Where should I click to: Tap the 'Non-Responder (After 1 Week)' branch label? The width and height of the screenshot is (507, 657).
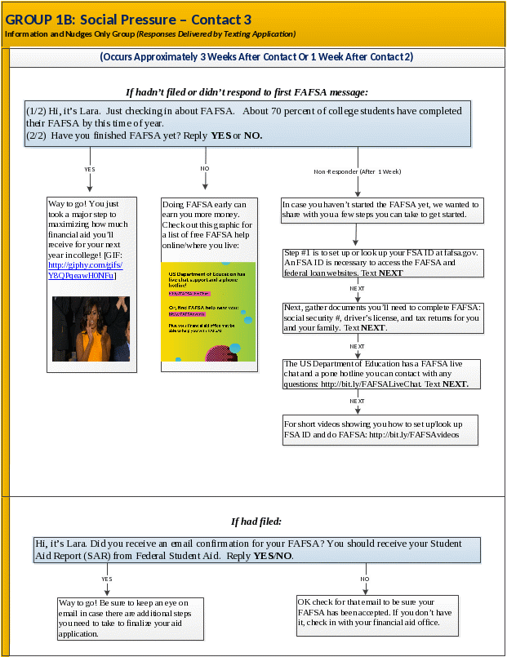tap(358, 171)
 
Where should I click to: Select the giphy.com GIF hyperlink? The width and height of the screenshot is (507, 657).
tap(85, 271)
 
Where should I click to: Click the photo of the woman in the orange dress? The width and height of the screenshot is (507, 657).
tap(91, 328)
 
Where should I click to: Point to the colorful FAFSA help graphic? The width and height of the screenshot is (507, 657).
tap(208, 311)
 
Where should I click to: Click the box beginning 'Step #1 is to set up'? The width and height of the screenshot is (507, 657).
tap(380, 263)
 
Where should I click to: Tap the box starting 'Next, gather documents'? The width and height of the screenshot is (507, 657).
tap(381, 317)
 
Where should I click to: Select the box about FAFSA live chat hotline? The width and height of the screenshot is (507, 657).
tap(381, 374)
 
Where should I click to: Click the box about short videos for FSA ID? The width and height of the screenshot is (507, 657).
tap(380, 429)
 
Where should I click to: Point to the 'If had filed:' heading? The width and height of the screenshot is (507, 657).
tap(256, 521)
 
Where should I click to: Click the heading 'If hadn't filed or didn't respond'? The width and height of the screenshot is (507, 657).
tap(246, 91)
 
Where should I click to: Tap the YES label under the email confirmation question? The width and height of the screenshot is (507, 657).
tap(106, 578)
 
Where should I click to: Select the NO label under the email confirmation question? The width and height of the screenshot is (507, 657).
tap(365, 578)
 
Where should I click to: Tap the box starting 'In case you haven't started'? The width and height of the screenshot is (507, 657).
tap(381, 209)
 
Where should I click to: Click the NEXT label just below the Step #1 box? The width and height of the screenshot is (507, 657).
tap(357, 289)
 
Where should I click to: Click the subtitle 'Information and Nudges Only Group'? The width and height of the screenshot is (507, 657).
tap(150, 34)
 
